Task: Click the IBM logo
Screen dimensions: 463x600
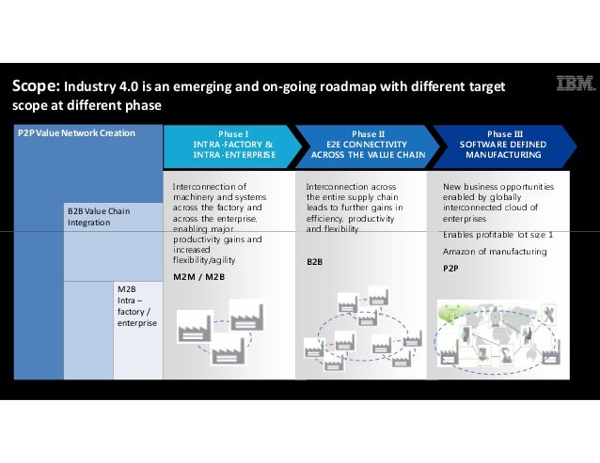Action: click(576, 85)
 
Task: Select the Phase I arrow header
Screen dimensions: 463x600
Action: click(233, 145)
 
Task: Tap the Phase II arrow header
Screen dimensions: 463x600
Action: click(368, 145)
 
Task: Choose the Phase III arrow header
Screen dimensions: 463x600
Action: click(503, 145)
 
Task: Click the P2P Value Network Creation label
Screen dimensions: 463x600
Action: click(76, 133)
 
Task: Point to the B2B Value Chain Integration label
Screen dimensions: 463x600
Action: click(99, 217)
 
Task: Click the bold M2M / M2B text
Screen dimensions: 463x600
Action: click(198, 277)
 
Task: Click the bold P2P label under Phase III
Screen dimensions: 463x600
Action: click(450, 268)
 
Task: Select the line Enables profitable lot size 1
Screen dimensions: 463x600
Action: click(497, 234)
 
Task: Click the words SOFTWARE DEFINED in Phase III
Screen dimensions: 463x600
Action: click(503, 145)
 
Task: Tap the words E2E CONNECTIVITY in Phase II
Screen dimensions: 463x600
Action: click(368, 145)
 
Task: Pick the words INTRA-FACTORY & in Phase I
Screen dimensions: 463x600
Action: click(233, 145)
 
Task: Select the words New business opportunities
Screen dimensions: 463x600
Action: click(498, 187)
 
